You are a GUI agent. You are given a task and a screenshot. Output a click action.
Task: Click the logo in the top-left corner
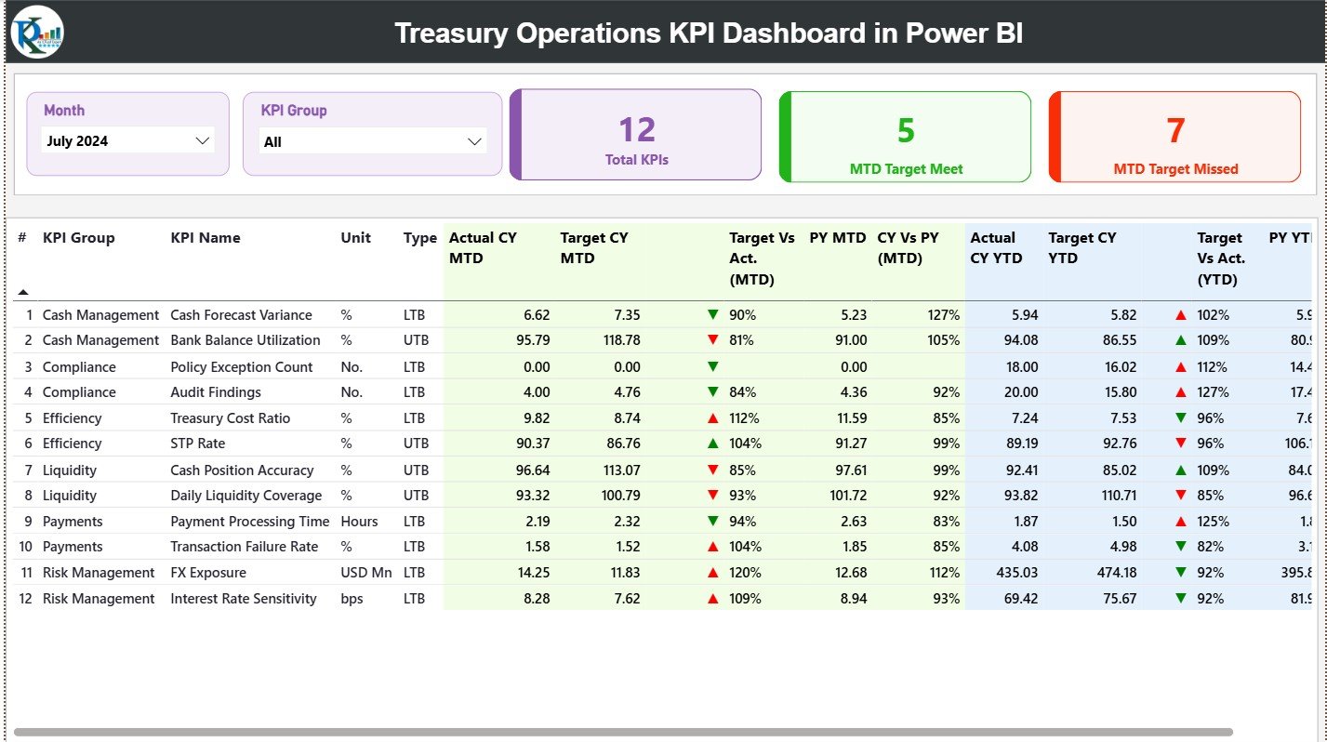[x=37, y=32]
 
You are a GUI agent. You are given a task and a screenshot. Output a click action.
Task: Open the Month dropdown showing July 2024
[x=128, y=141]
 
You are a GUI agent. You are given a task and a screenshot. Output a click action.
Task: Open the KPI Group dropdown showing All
[x=372, y=142]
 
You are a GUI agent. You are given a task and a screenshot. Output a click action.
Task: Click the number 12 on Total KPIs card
[x=637, y=130]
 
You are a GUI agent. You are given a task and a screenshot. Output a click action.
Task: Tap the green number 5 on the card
[x=906, y=130]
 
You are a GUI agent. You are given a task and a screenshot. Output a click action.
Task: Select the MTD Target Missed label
[x=1175, y=169]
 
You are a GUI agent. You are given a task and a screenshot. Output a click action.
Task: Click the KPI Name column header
[x=206, y=238]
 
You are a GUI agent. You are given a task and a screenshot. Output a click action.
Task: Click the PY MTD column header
[x=837, y=238]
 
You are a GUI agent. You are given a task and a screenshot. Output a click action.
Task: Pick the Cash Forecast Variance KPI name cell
[x=241, y=315]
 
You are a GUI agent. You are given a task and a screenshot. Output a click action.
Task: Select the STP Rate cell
[x=197, y=444]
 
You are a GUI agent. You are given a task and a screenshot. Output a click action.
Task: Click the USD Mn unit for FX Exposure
[x=365, y=573]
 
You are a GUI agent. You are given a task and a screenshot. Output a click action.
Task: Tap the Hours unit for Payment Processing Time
[x=359, y=522]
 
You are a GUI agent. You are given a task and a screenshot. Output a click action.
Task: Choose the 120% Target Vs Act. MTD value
[x=745, y=573]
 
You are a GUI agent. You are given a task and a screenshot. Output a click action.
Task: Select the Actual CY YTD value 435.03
[x=1015, y=573]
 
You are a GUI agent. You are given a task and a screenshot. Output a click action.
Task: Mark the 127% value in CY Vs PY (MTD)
[x=943, y=315]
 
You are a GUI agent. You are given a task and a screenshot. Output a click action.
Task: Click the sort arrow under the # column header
[x=23, y=292]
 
